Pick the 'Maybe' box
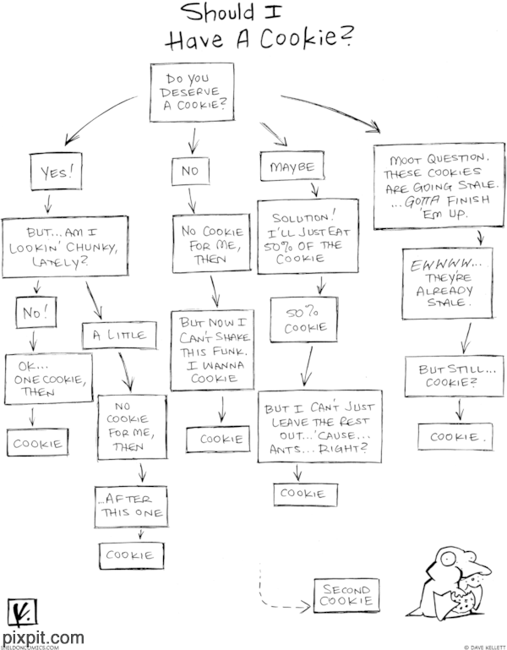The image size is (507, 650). click(x=292, y=167)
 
